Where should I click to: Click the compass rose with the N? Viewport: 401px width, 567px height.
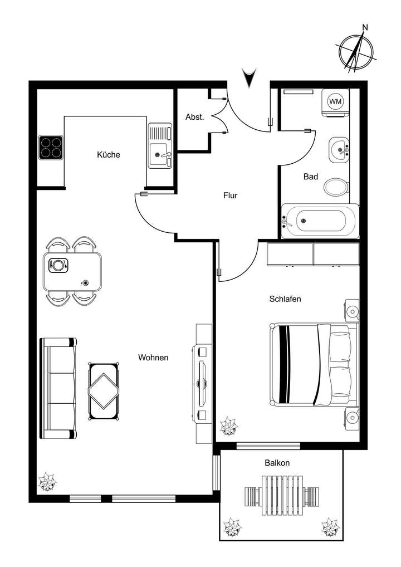[356, 51]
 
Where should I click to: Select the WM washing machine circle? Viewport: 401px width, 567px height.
[335, 101]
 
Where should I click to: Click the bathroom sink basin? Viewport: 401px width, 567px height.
[338, 149]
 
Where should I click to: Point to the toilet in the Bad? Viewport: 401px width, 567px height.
[336, 187]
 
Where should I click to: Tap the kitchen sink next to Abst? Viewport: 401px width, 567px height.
[160, 146]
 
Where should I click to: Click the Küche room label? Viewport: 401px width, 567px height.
[108, 155]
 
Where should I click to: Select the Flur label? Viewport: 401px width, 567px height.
[231, 195]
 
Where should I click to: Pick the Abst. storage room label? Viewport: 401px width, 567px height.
[194, 117]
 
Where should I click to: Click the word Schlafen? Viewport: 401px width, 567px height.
[285, 299]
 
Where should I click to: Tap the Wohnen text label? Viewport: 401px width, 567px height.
[153, 358]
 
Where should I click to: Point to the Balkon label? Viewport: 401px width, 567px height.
[277, 463]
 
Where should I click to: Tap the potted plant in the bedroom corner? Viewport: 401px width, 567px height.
[228, 428]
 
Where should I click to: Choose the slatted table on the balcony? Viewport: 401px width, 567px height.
[282, 495]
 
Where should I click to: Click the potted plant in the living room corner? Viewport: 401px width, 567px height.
[47, 482]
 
